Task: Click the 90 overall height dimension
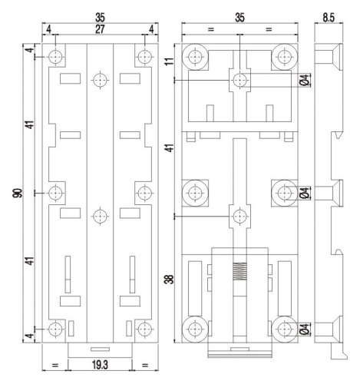(x=18, y=193)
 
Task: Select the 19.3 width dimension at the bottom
(x=100, y=366)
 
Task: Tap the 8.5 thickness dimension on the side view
(x=329, y=18)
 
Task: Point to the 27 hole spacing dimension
(x=100, y=29)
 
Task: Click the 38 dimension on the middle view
(x=169, y=279)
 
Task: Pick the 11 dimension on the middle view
(x=169, y=61)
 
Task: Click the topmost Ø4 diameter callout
(x=305, y=80)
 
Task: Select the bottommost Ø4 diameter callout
(x=305, y=329)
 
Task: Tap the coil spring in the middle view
(x=239, y=271)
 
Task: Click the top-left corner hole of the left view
(x=55, y=57)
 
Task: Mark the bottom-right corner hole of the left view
(x=144, y=329)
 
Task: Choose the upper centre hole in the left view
(x=100, y=80)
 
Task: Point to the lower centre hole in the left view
(x=100, y=217)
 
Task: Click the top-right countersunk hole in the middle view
(x=284, y=57)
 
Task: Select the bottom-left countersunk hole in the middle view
(x=195, y=329)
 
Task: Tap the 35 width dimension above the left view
(x=100, y=18)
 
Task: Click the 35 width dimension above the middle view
(x=239, y=18)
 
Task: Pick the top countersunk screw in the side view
(x=329, y=57)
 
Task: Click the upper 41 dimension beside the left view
(x=30, y=124)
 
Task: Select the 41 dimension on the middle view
(x=169, y=147)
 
